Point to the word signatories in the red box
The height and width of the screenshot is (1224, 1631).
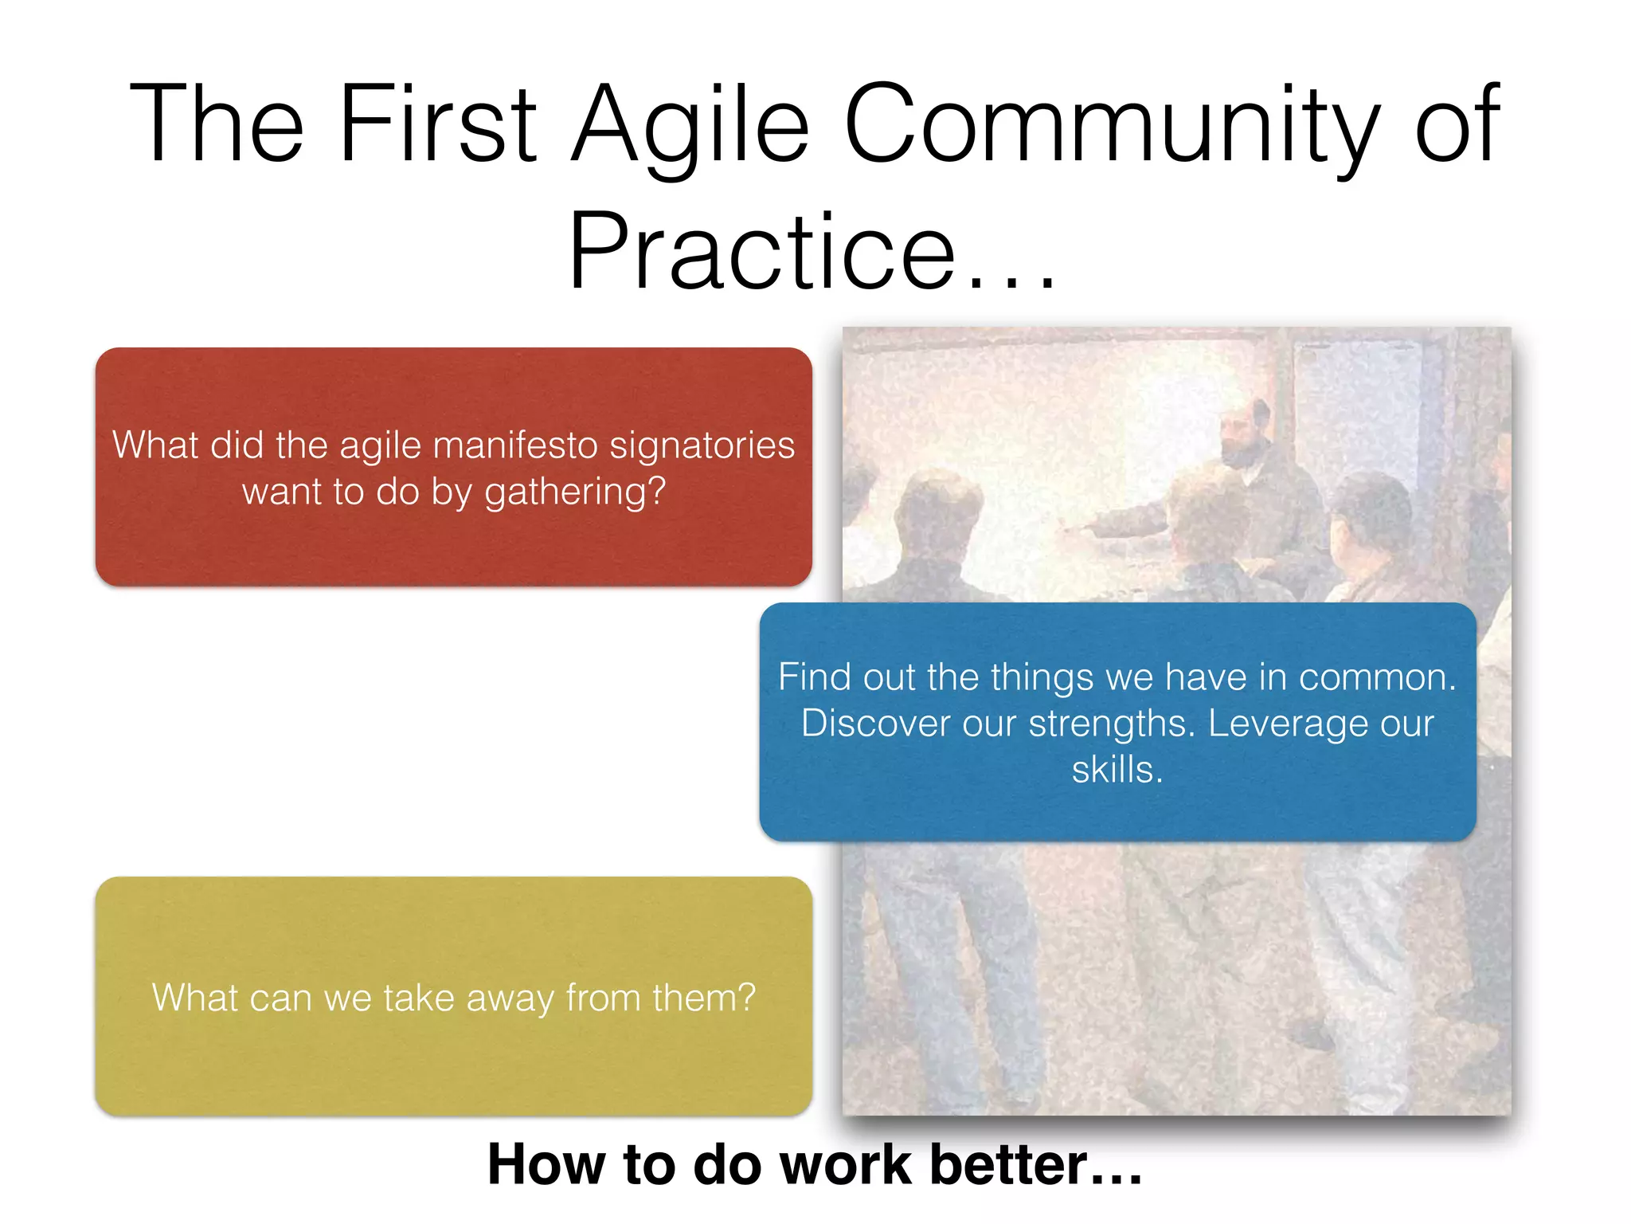[x=702, y=445]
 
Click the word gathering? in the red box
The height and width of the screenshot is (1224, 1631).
[x=574, y=492]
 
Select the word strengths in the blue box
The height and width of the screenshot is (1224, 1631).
[x=1111, y=724]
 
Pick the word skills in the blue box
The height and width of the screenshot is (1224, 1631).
[x=1116, y=770]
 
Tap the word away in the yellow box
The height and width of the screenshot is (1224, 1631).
[x=510, y=998]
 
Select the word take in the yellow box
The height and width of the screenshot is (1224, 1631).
[x=418, y=998]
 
